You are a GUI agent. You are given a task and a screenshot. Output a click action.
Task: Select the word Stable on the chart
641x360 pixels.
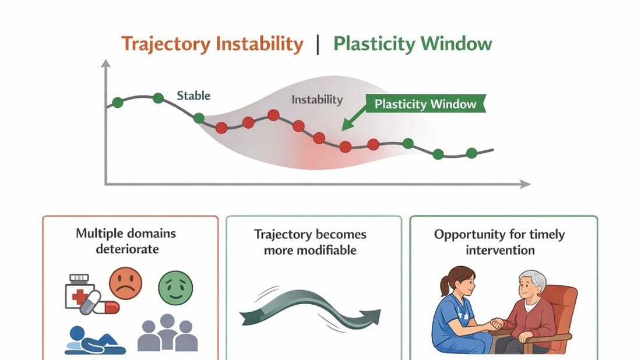coord(193,96)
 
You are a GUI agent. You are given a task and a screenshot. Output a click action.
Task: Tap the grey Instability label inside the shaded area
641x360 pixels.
coord(317,100)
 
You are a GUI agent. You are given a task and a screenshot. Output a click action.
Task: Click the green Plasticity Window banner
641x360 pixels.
coord(425,104)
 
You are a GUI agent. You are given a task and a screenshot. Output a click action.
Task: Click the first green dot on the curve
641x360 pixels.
coord(117,103)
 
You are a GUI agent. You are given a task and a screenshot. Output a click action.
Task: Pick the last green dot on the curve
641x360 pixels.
coord(472,153)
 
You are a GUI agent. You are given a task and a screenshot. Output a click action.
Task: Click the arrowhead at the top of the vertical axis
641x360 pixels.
coord(106,63)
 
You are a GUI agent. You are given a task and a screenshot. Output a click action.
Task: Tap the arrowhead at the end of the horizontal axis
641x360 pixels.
coord(525,184)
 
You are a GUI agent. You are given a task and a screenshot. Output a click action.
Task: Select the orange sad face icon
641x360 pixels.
coord(125,283)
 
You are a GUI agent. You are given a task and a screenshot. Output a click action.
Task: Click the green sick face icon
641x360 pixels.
coord(175,288)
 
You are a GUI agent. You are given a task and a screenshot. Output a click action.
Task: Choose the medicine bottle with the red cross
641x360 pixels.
coord(80,291)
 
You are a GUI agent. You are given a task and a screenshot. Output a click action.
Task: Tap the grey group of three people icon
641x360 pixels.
coord(168,333)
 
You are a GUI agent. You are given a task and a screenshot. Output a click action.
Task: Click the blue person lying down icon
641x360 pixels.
coord(95,340)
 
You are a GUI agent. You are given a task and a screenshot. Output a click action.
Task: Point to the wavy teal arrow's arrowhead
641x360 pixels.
coord(371,317)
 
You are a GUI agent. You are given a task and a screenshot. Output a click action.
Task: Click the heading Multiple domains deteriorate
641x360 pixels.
coord(126,241)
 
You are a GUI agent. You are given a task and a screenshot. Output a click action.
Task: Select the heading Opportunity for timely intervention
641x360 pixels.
coord(499,242)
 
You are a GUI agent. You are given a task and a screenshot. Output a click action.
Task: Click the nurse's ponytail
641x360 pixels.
coord(445,286)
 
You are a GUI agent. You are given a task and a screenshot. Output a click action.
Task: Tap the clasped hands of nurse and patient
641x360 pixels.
coord(496,324)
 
